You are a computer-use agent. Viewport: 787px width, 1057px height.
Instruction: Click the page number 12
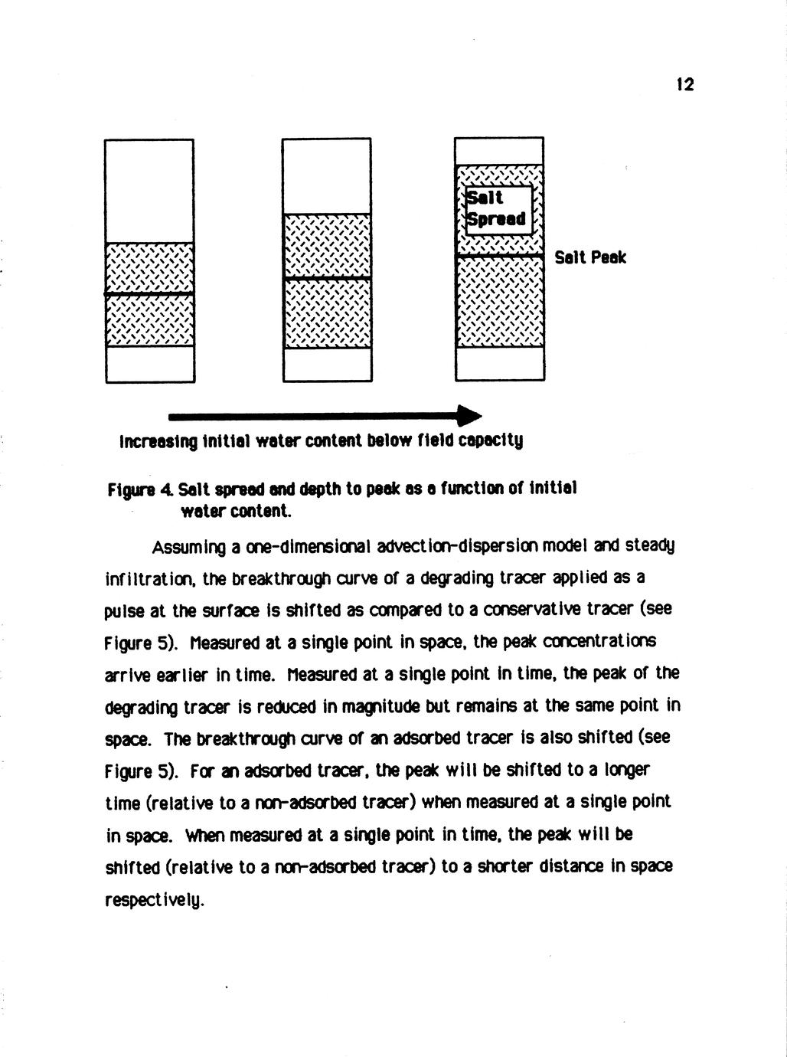(685, 84)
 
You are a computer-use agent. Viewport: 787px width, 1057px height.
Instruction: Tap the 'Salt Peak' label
(590, 257)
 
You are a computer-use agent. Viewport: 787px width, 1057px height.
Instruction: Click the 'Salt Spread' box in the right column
(498, 209)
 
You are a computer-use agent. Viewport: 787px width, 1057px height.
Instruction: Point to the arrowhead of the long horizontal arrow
(469, 416)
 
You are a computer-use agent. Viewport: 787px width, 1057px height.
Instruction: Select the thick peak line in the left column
(149, 294)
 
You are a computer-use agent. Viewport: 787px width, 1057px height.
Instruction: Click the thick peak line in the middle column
(327, 279)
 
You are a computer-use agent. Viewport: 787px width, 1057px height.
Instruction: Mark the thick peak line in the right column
(499, 256)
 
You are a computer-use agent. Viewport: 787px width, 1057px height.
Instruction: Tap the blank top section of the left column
(149, 191)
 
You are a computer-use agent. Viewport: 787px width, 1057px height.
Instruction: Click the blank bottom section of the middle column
(327, 364)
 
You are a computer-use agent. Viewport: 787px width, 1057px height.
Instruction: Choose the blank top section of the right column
(499, 152)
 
